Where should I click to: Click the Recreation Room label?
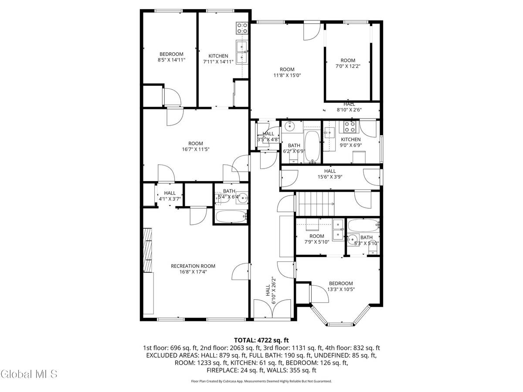click(x=193, y=266)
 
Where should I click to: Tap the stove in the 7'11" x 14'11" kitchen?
click(x=242, y=28)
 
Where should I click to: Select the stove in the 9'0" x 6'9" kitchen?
click(x=350, y=127)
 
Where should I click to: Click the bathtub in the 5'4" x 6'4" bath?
click(x=231, y=216)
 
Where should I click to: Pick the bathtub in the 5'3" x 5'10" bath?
click(x=363, y=226)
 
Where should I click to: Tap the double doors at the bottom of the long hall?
click(x=273, y=310)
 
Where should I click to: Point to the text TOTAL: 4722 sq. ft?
click(x=261, y=340)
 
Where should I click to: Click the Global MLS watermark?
click(x=29, y=374)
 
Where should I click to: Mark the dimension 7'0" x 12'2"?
click(x=347, y=66)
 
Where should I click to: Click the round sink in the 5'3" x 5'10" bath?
click(x=352, y=239)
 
